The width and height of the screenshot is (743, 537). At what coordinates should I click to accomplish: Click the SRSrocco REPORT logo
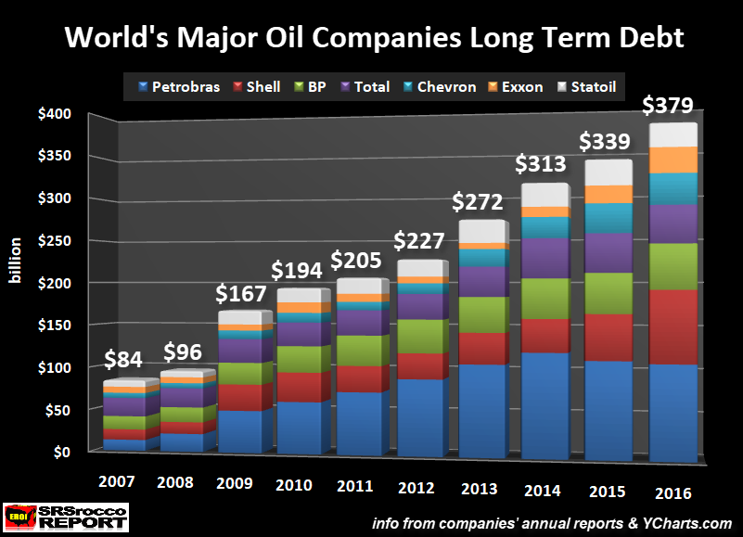point(65,517)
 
